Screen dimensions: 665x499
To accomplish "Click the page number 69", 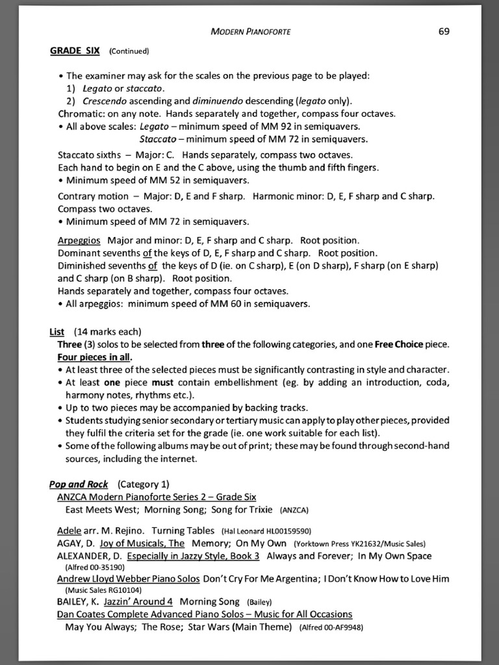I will tap(444, 31).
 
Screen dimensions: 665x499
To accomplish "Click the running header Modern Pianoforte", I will tap(251, 32).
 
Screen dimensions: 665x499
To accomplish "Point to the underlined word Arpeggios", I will tap(79, 240).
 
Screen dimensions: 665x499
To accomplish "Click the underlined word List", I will tap(57, 331).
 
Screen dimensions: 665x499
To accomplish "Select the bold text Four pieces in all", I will tap(95, 357).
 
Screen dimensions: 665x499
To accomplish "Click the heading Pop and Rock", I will tap(79, 484).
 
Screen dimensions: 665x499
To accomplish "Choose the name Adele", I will tap(69, 530).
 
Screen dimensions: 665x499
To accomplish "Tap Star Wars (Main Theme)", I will tap(240, 627).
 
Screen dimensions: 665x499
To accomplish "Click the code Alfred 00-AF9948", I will tap(331, 627).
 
